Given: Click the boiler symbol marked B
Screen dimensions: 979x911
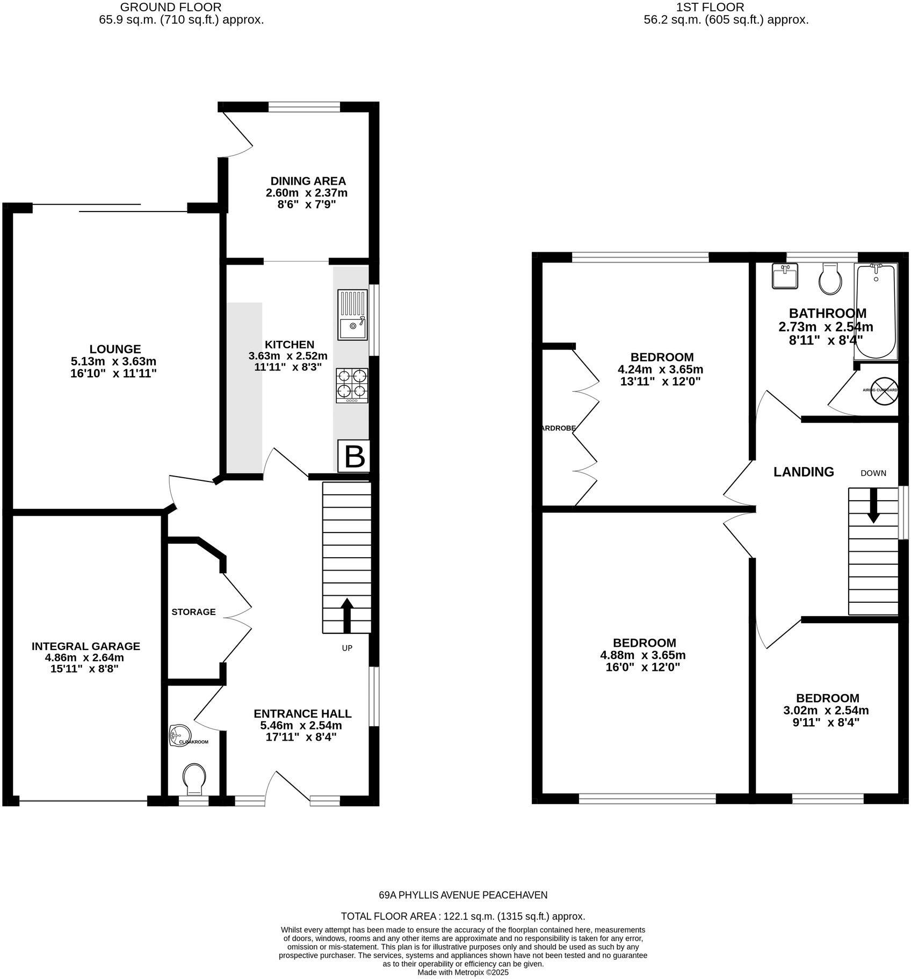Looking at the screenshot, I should pos(354,457).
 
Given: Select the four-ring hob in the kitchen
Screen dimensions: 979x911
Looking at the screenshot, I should pos(352,385).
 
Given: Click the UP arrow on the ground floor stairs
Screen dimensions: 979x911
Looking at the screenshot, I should pos(347,615).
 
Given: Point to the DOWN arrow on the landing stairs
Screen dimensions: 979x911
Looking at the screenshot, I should pos(873,505).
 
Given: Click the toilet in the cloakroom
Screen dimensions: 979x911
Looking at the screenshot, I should pos(194,779).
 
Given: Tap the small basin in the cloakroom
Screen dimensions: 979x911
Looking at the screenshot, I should pos(179,735).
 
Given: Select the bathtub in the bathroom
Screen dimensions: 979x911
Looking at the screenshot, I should pos(876,311).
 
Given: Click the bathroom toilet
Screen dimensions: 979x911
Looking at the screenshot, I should pos(830,279).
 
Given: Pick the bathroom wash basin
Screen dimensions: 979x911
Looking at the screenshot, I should pos(785,276).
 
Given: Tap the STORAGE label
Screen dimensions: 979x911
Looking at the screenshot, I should pos(193,612).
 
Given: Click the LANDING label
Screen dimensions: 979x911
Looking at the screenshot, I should pos(804,472).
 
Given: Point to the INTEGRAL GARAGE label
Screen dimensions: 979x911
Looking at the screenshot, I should pos(86,646).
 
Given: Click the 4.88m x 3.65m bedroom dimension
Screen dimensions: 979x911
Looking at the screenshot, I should pos(643,655).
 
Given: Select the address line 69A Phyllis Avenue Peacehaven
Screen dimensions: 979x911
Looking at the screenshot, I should pos(463,895).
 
